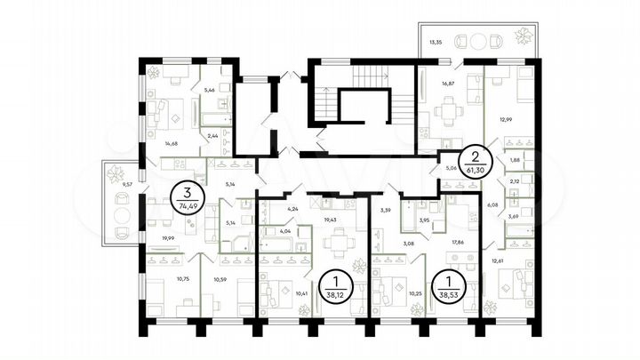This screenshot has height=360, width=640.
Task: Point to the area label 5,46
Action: coord(210,90)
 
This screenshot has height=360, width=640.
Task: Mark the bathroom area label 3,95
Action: coord(424,220)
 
